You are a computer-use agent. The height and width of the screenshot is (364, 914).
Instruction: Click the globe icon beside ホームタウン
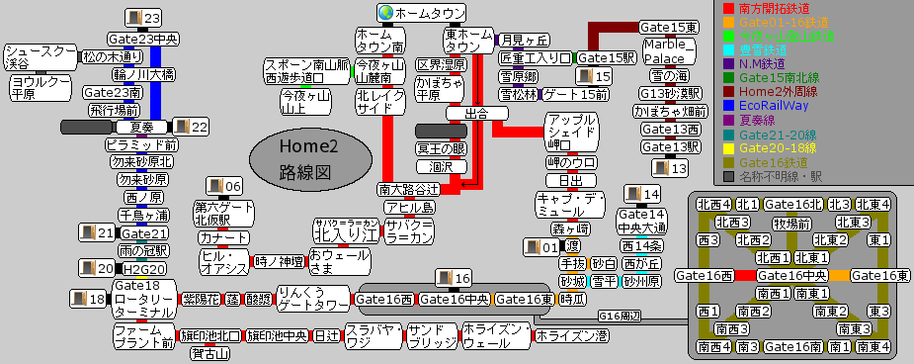pyautogui.click(x=385, y=13)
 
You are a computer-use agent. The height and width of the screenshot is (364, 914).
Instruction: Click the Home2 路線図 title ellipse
pyautogui.click(x=307, y=159)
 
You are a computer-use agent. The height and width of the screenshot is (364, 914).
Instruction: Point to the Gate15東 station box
pyautogui.click(x=668, y=27)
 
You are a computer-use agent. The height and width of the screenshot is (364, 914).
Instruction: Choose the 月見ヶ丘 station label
pyautogui.click(x=525, y=40)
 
